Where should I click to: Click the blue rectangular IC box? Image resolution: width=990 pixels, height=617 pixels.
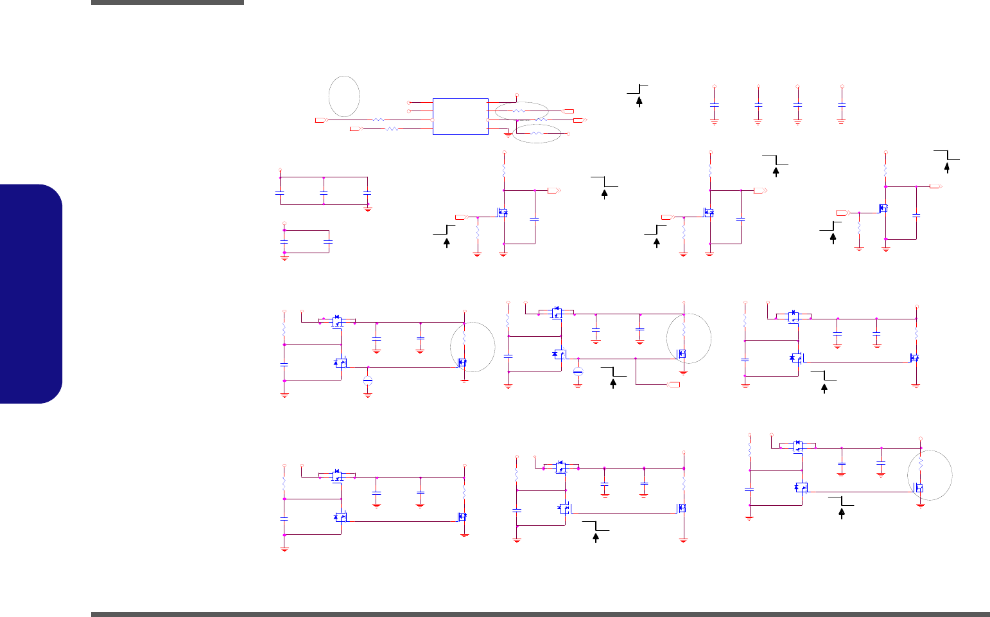point(460,116)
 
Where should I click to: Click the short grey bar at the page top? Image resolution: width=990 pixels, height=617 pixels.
point(167,3)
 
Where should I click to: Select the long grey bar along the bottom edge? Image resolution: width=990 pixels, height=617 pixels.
point(540,614)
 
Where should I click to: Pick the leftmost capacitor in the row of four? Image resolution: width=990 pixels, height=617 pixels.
point(714,103)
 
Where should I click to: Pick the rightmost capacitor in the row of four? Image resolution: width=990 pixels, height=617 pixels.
point(842,103)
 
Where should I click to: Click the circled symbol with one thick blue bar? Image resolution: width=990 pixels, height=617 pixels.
point(368,380)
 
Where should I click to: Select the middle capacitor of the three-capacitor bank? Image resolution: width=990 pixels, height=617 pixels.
point(324,192)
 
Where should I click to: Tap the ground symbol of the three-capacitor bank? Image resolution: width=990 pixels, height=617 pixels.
point(369,208)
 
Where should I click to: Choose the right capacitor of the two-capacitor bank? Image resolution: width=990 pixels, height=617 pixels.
point(328,242)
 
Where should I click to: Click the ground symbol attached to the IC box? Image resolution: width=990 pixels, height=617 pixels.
point(508,135)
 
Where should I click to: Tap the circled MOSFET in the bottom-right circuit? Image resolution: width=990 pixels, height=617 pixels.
point(919,488)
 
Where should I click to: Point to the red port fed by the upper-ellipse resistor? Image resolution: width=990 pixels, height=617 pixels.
point(569,111)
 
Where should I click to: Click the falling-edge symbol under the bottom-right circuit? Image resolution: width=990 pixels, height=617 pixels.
point(841,506)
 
